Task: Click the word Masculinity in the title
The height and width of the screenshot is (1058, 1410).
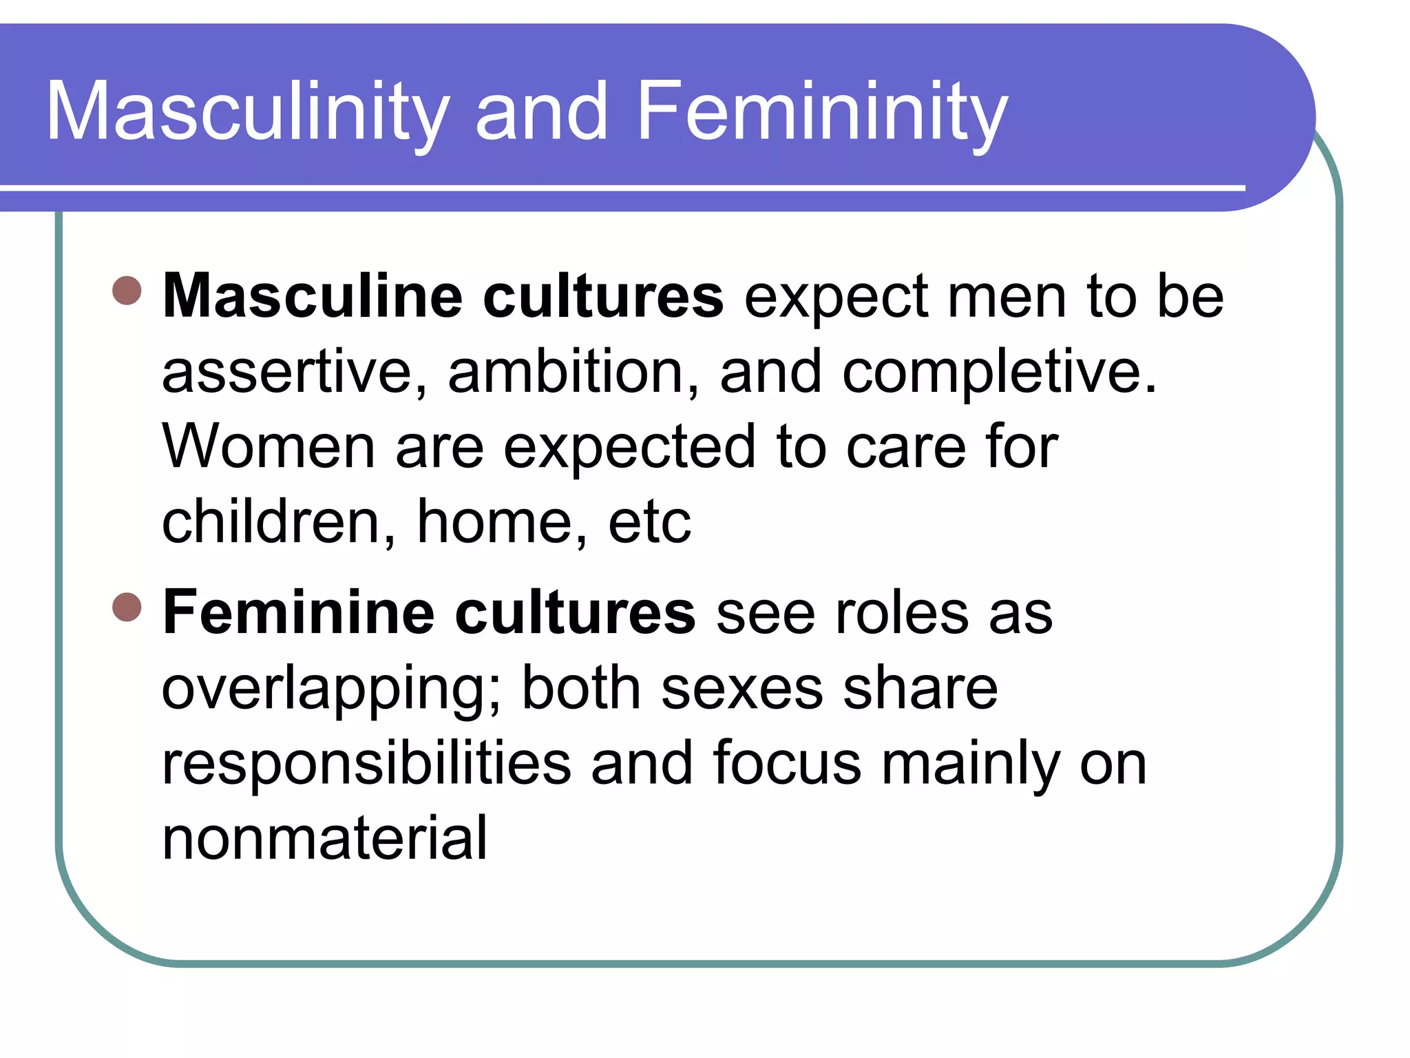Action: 248,112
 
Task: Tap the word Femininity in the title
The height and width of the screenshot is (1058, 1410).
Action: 822,112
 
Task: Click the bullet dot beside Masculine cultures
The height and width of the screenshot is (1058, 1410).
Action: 127,291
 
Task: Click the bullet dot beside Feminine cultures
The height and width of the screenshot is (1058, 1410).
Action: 127,607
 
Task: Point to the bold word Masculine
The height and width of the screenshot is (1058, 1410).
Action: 313,296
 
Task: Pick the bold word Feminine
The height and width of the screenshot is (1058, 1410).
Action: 299,612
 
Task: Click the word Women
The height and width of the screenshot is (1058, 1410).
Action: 269,447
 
